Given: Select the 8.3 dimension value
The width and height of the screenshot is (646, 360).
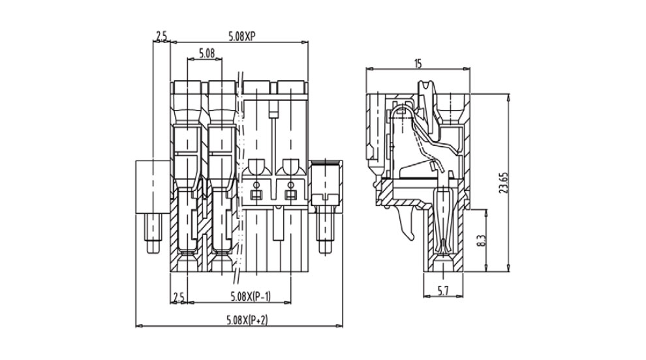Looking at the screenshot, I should pos(482,240).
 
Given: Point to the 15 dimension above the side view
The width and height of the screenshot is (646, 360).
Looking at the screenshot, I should pos(418,63).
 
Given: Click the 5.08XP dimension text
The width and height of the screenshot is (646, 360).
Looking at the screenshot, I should pos(241,37).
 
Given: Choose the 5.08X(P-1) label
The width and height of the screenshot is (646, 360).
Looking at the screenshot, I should pos(251,297).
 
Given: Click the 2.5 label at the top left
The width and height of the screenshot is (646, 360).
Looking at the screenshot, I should pos(161,37).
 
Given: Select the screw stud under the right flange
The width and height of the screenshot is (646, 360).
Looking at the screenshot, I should pos(324,235).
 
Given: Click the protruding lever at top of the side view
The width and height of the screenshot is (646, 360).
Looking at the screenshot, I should pos(426,89).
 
